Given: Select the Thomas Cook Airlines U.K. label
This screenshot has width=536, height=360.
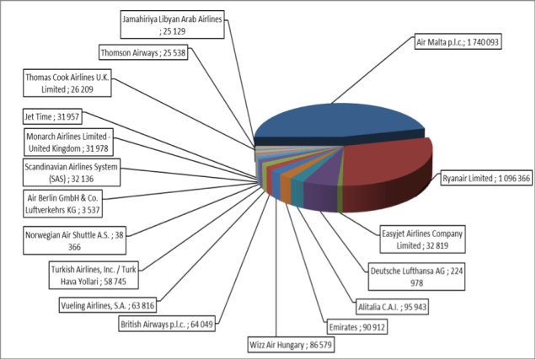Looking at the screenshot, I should [x=74, y=83].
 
